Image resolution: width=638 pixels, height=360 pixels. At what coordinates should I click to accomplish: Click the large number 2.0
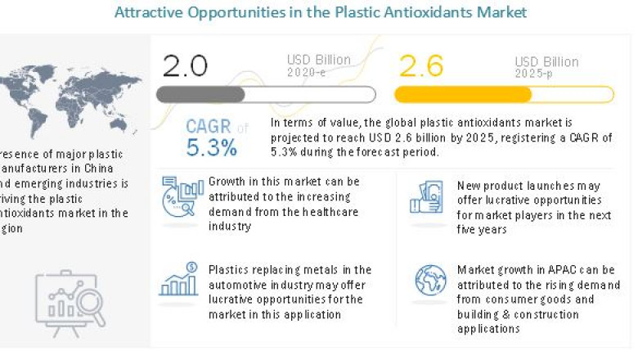[186, 65]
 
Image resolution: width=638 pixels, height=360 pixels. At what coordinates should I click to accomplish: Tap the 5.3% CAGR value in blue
[211, 147]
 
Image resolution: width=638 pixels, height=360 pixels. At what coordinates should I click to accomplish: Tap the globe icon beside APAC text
[429, 281]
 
